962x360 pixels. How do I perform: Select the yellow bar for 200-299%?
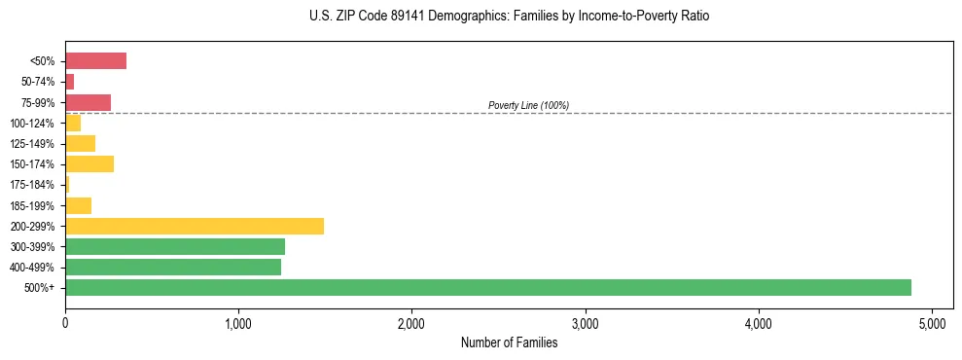195,226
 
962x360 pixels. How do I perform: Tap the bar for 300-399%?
175,246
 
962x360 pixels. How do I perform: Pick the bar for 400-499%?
173,267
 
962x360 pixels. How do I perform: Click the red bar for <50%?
95,61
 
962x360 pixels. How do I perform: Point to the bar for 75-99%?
88,102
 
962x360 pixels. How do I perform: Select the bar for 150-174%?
89,163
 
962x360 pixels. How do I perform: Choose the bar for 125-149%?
80,144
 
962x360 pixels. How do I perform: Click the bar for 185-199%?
78,205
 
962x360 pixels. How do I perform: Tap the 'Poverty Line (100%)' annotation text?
528,105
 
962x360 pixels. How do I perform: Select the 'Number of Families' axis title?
509,342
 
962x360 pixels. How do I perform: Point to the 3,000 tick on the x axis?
585,323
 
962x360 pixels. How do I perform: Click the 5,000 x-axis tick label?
932,323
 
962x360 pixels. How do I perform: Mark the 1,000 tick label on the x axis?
238,323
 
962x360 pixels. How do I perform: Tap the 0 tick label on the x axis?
65,323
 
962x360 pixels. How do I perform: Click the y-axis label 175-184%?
32,185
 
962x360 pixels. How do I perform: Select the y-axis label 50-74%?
38,82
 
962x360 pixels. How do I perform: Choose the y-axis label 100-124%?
32,124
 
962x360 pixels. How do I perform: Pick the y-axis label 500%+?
41,288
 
